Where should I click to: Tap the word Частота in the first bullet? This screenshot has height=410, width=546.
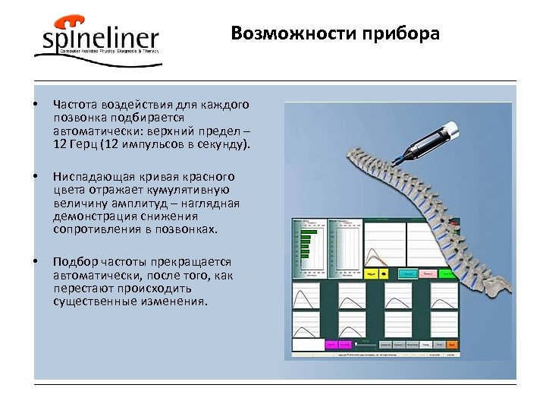pyautogui.click(x=74, y=104)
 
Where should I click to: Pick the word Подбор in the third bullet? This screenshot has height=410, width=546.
pyautogui.click(x=73, y=261)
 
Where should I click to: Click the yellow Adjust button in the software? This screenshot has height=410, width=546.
pyautogui.click(x=371, y=273)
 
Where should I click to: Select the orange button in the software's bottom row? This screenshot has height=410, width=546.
pyautogui.click(x=450, y=344)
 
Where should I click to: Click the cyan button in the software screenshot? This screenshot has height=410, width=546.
pyautogui.click(x=408, y=273)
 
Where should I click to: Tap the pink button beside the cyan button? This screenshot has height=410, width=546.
pyautogui.click(x=429, y=273)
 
